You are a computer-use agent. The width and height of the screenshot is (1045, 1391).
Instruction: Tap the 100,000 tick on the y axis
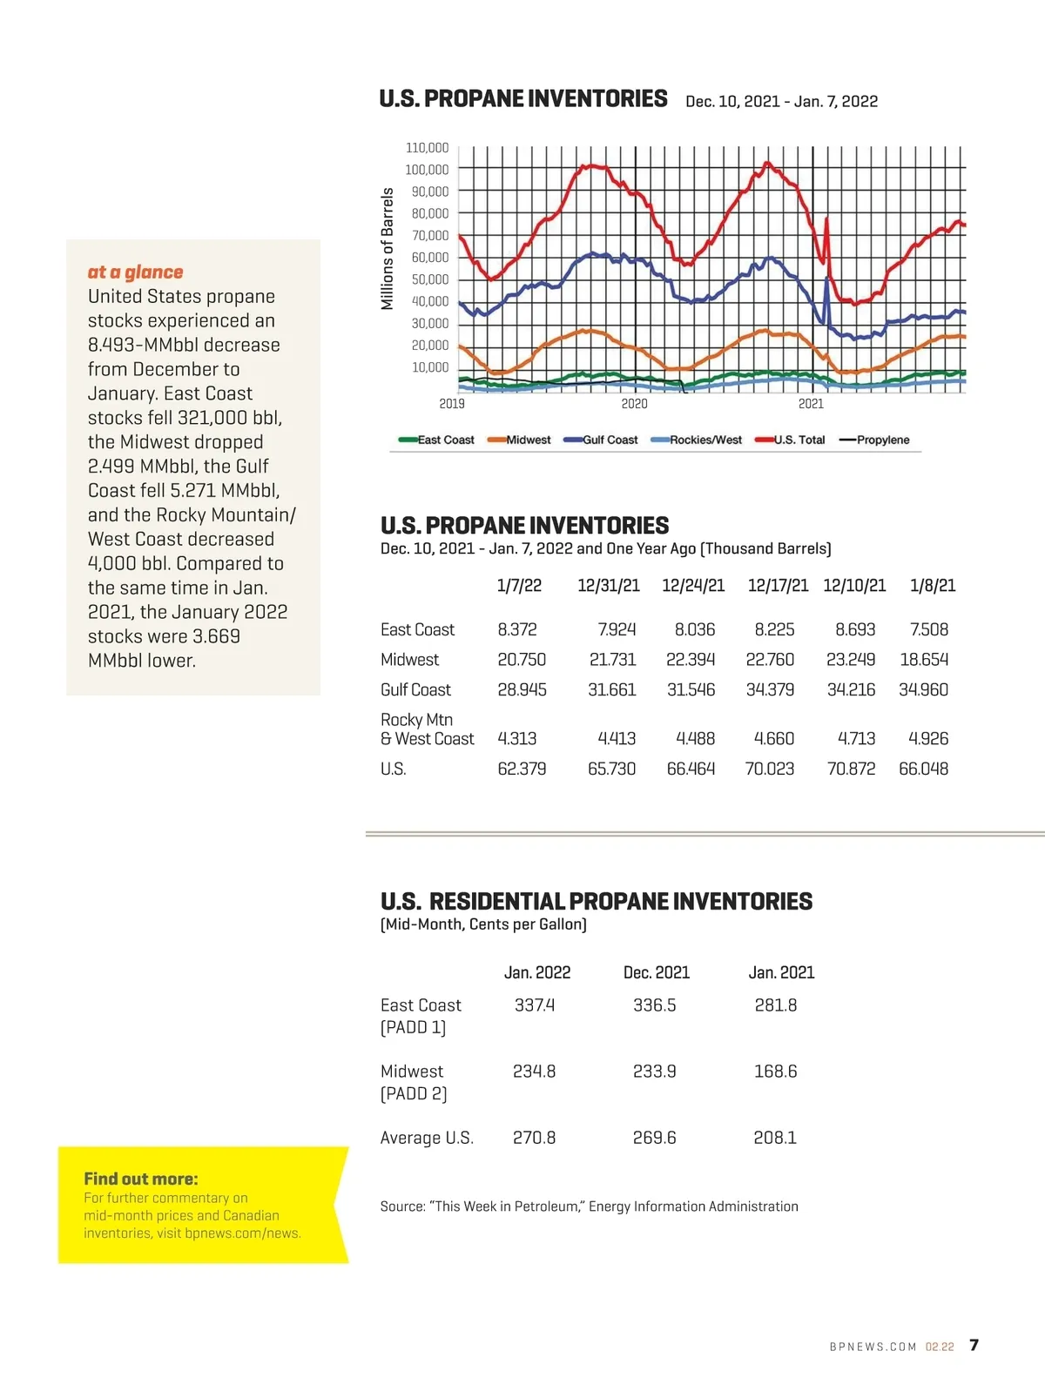(427, 170)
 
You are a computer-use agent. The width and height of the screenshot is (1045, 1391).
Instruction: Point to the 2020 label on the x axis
(634, 404)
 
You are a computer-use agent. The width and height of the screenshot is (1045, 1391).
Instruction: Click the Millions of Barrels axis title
(388, 249)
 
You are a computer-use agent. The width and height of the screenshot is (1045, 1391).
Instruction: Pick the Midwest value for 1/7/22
(522, 660)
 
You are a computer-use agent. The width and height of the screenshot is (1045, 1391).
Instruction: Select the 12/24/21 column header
(693, 586)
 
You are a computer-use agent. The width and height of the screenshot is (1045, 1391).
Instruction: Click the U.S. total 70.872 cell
(851, 769)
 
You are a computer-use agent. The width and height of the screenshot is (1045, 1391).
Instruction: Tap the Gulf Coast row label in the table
(415, 689)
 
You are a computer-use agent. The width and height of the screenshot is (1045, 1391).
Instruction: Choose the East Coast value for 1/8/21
(928, 629)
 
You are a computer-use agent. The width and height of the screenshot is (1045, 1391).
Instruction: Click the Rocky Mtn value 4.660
(773, 738)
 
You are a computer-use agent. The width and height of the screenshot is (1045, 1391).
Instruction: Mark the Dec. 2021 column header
(657, 972)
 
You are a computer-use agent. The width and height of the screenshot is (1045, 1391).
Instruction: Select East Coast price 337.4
(535, 1005)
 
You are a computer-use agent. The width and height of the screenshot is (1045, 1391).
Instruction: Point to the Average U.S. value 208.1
(775, 1138)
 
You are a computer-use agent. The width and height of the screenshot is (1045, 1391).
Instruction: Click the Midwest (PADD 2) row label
(413, 1082)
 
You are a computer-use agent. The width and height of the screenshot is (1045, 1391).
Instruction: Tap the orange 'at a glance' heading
(135, 272)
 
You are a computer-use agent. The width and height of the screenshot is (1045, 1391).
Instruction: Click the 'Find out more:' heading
(141, 1179)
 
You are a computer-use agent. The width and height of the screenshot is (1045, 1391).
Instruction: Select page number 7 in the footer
(974, 1345)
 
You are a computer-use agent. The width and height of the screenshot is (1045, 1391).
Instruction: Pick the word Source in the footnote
(401, 1206)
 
